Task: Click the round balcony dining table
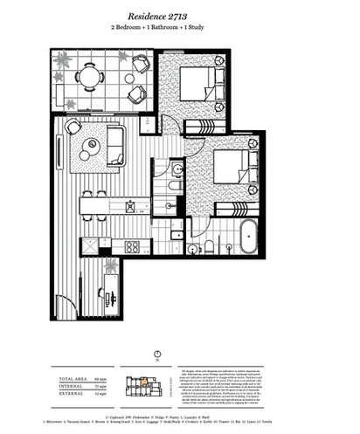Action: point(87,77)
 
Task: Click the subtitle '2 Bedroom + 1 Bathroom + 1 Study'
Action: point(179,29)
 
